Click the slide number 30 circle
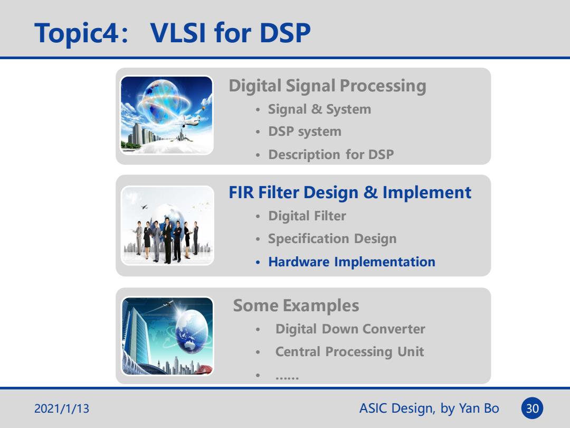click(x=532, y=408)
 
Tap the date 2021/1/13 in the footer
click(x=61, y=408)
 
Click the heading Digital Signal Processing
click(x=327, y=86)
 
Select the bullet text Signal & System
click(x=319, y=109)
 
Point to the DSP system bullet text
click(x=305, y=132)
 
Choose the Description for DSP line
click(x=331, y=154)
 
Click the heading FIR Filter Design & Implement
click(x=350, y=192)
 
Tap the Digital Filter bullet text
click(x=307, y=216)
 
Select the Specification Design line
click(x=332, y=239)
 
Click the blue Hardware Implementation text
click(x=351, y=262)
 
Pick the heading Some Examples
click(x=296, y=305)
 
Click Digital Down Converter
click(x=350, y=329)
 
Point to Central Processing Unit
click(x=349, y=352)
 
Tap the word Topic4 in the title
click(x=77, y=33)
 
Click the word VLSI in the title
click(x=178, y=33)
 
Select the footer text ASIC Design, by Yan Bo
click(x=429, y=408)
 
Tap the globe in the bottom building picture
click(x=192, y=331)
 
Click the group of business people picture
click(x=167, y=226)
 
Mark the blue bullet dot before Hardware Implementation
click(x=258, y=263)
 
